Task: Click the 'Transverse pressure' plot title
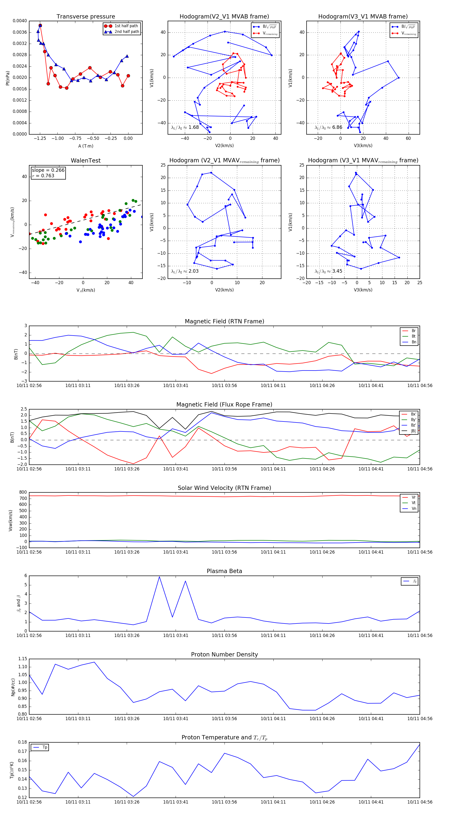point(86,17)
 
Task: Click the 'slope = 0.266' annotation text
point(48,170)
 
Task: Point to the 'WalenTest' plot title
point(86,161)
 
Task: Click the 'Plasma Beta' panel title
point(224,571)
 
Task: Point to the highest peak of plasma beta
point(159,577)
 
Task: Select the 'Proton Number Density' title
point(224,654)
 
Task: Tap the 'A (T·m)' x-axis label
point(86,146)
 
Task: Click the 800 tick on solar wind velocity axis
point(23,492)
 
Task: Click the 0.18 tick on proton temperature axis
point(22,742)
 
